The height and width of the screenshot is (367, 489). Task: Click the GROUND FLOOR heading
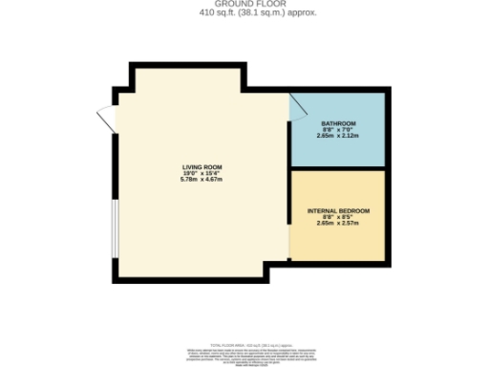point(244,4)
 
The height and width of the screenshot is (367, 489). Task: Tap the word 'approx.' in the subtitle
point(276,13)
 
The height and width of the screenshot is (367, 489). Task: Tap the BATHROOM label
point(338,123)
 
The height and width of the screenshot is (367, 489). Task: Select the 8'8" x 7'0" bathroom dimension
point(338,130)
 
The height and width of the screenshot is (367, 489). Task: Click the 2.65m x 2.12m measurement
point(338,137)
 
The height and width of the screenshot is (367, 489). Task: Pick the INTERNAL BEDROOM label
point(338,210)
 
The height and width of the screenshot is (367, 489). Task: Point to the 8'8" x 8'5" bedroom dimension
point(338,217)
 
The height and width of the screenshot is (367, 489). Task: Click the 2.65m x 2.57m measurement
point(338,224)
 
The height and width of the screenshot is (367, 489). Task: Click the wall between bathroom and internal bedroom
point(338,168)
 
